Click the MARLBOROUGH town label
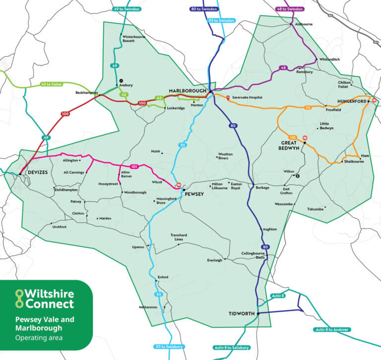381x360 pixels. pyautogui.click(x=187, y=91)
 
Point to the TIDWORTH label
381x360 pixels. pyautogui.click(x=242, y=314)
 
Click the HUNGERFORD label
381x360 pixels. pyautogui.click(x=351, y=101)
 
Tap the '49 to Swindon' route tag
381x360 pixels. pyautogui.click(x=127, y=9)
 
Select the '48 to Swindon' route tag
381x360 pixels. pyautogui.click(x=290, y=9)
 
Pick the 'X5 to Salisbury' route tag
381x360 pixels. pyautogui.click(x=170, y=346)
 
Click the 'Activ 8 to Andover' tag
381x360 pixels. pyautogui.click(x=332, y=329)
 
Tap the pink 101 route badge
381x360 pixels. pyautogui.click(x=133, y=166)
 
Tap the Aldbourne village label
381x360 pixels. pyautogui.click(x=304, y=24)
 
